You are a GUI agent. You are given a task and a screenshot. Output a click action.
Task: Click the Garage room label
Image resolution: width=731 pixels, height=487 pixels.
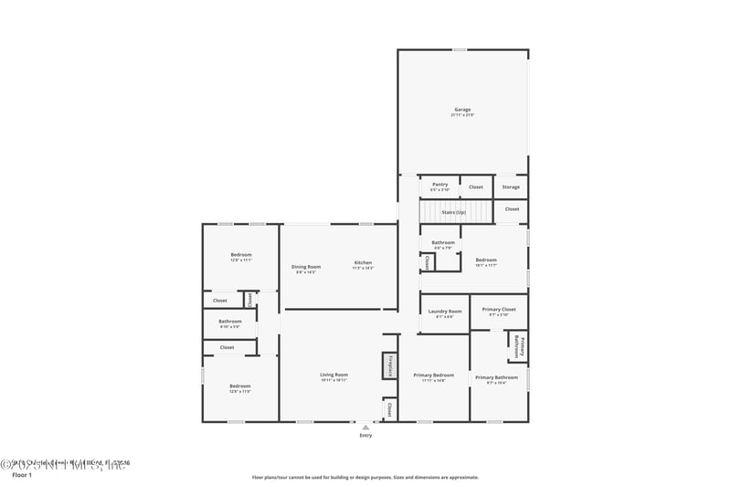(462, 110)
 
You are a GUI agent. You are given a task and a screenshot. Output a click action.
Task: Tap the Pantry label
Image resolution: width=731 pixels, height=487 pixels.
(440, 184)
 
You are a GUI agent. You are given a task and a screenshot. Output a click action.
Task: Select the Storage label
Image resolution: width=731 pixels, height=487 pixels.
(511, 187)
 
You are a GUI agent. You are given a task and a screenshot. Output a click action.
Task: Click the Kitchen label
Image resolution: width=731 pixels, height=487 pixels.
(363, 263)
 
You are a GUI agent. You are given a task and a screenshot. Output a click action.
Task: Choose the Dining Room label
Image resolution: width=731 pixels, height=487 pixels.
(306, 267)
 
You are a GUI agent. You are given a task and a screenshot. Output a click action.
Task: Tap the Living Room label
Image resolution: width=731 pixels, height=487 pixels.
(334, 375)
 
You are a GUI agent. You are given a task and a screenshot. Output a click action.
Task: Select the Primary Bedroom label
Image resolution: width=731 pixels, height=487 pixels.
(433, 376)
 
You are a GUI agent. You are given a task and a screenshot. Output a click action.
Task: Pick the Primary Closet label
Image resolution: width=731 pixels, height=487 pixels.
(499, 310)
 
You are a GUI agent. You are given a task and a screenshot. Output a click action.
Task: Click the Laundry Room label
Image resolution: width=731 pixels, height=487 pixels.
(445, 312)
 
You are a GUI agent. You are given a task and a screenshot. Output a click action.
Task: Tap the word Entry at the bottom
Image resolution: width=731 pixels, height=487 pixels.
(366, 435)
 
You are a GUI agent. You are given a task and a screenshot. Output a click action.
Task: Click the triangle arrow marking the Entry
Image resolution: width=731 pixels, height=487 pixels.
(366, 426)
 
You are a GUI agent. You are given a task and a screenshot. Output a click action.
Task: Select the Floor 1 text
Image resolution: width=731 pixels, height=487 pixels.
(21, 475)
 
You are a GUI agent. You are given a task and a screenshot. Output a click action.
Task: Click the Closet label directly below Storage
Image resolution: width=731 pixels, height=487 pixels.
(512, 209)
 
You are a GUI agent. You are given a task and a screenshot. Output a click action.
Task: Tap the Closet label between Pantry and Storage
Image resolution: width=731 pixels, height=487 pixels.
(476, 187)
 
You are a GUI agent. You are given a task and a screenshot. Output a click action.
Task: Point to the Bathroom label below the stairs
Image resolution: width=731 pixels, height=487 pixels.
(443, 242)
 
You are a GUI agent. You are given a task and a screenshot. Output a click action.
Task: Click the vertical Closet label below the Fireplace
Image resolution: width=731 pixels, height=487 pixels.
(390, 408)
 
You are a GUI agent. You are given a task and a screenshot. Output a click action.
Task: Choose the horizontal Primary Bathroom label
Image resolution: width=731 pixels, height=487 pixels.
(496, 377)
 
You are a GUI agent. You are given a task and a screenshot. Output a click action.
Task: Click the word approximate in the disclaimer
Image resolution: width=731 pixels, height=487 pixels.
(461, 477)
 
